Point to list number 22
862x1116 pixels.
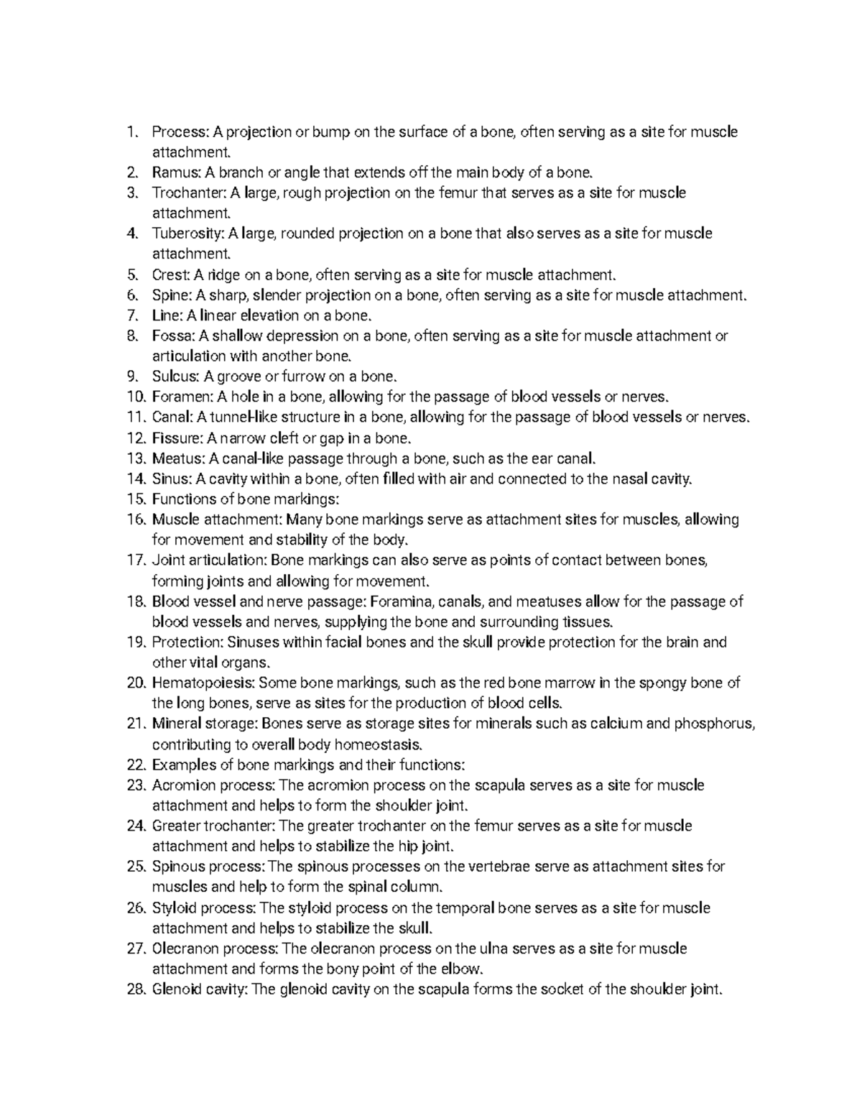[x=135, y=765]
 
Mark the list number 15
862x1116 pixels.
[x=135, y=499]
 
